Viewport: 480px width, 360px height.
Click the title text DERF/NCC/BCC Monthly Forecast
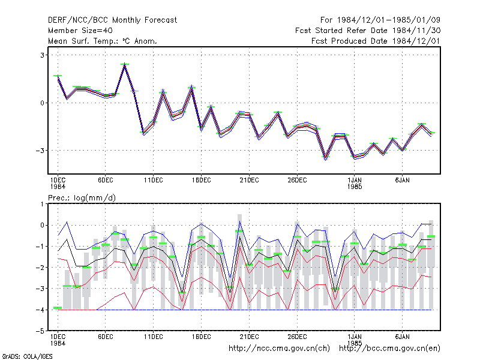[112, 20]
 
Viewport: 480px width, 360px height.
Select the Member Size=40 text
[80, 31]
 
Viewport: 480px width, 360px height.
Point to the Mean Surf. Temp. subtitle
[103, 41]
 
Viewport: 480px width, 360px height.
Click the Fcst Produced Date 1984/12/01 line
[376, 41]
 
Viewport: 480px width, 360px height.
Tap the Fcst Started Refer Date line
[368, 31]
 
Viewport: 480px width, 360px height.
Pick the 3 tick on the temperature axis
[42, 55]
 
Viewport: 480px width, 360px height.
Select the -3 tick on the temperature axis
[41, 151]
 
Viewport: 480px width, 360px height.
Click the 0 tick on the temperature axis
[42, 103]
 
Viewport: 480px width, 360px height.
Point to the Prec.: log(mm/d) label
[82, 198]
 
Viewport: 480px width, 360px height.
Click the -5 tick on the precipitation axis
[41, 331]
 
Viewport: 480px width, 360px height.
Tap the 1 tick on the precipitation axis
[42, 204]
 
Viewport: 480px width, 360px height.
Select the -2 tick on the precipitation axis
[41, 268]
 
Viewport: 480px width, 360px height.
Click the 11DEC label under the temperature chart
[154, 181]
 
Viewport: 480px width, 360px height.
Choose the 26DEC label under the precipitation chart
[297, 337]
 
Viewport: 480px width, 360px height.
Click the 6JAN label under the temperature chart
[402, 181]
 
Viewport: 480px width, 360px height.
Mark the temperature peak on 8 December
[125, 64]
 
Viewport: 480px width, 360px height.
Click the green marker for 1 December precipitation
[58, 308]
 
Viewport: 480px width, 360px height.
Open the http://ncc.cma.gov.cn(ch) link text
[279, 349]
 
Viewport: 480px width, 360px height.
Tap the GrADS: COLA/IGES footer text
[27, 356]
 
